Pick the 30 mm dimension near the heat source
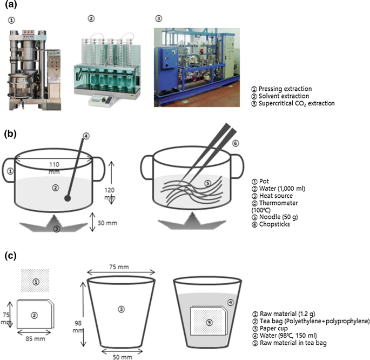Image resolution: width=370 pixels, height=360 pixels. [x=111, y=221]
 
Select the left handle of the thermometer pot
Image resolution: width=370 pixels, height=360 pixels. [x=8, y=172]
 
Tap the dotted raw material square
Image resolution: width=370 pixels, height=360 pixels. [x=35, y=282]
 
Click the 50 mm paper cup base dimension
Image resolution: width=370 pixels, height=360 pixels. [x=122, y=355]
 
